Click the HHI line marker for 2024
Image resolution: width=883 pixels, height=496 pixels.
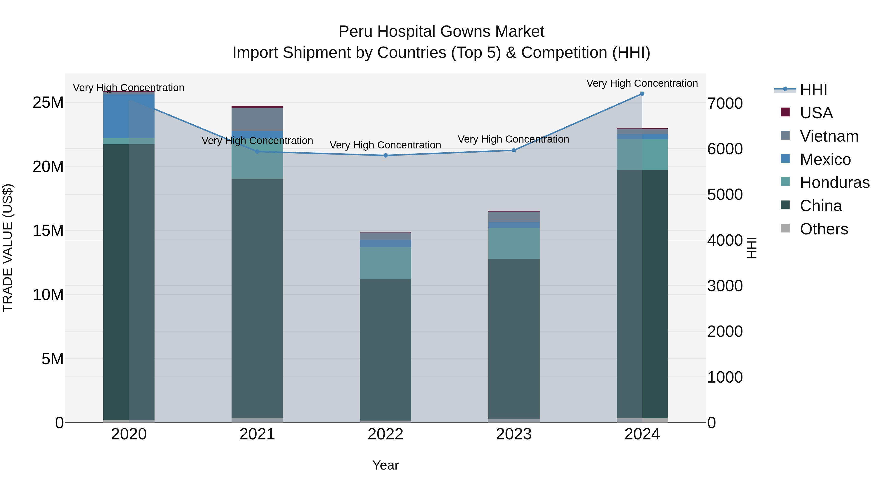click(x=642, y=94)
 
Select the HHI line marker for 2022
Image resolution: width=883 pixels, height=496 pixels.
click(x=385, y=155)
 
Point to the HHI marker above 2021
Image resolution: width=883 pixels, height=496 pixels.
click(x=257, y=152)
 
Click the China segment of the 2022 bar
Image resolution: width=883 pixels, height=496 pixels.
click(x=385, y=349)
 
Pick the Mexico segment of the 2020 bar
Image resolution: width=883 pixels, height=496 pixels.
click(x=129, y=115)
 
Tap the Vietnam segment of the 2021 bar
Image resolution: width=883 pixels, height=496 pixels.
click(x=257, y=119)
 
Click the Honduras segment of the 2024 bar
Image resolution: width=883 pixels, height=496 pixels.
click(x=642, y=154)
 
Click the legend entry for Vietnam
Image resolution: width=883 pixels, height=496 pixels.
click(x=829, y=136)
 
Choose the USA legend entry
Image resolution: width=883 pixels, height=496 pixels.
click(x=816, y=113)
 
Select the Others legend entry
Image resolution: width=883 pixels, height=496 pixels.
click(x=823, y=229)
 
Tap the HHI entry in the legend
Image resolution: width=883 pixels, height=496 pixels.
click(x=813, y=90)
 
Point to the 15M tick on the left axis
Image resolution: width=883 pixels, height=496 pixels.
click(x=48, y=231)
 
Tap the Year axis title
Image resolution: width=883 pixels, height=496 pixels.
click(x=385, y=465)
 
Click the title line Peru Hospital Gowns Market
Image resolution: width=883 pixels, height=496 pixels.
click(x=441, y=32)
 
